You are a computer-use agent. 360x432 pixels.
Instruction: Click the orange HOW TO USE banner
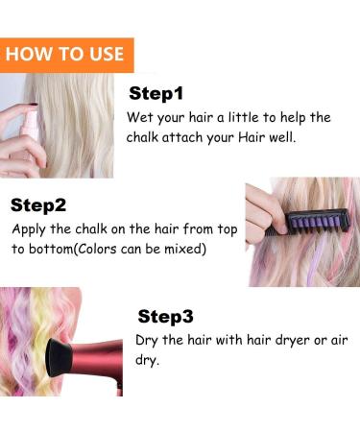click(x=67, y=55)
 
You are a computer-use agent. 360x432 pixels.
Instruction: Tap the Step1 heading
click(x=156, y=93)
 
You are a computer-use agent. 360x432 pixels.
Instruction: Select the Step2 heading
click(x=38, y=205)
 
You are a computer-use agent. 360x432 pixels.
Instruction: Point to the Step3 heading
click(x=165, y=316)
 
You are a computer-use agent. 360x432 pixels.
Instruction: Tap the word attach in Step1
click(x=182, y=137)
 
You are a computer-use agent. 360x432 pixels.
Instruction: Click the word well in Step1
click(x=282, y=137)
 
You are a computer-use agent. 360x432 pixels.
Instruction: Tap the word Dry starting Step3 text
click(x=147, y=341)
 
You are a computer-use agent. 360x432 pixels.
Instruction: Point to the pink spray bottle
click(x=30, y=128)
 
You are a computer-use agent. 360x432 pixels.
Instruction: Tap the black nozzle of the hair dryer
click(x=60, y=357)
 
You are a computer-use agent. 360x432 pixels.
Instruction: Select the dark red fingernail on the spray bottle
click(x=33, y=105)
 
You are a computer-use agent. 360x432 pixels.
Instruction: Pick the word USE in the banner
click(x=107, y=54)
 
